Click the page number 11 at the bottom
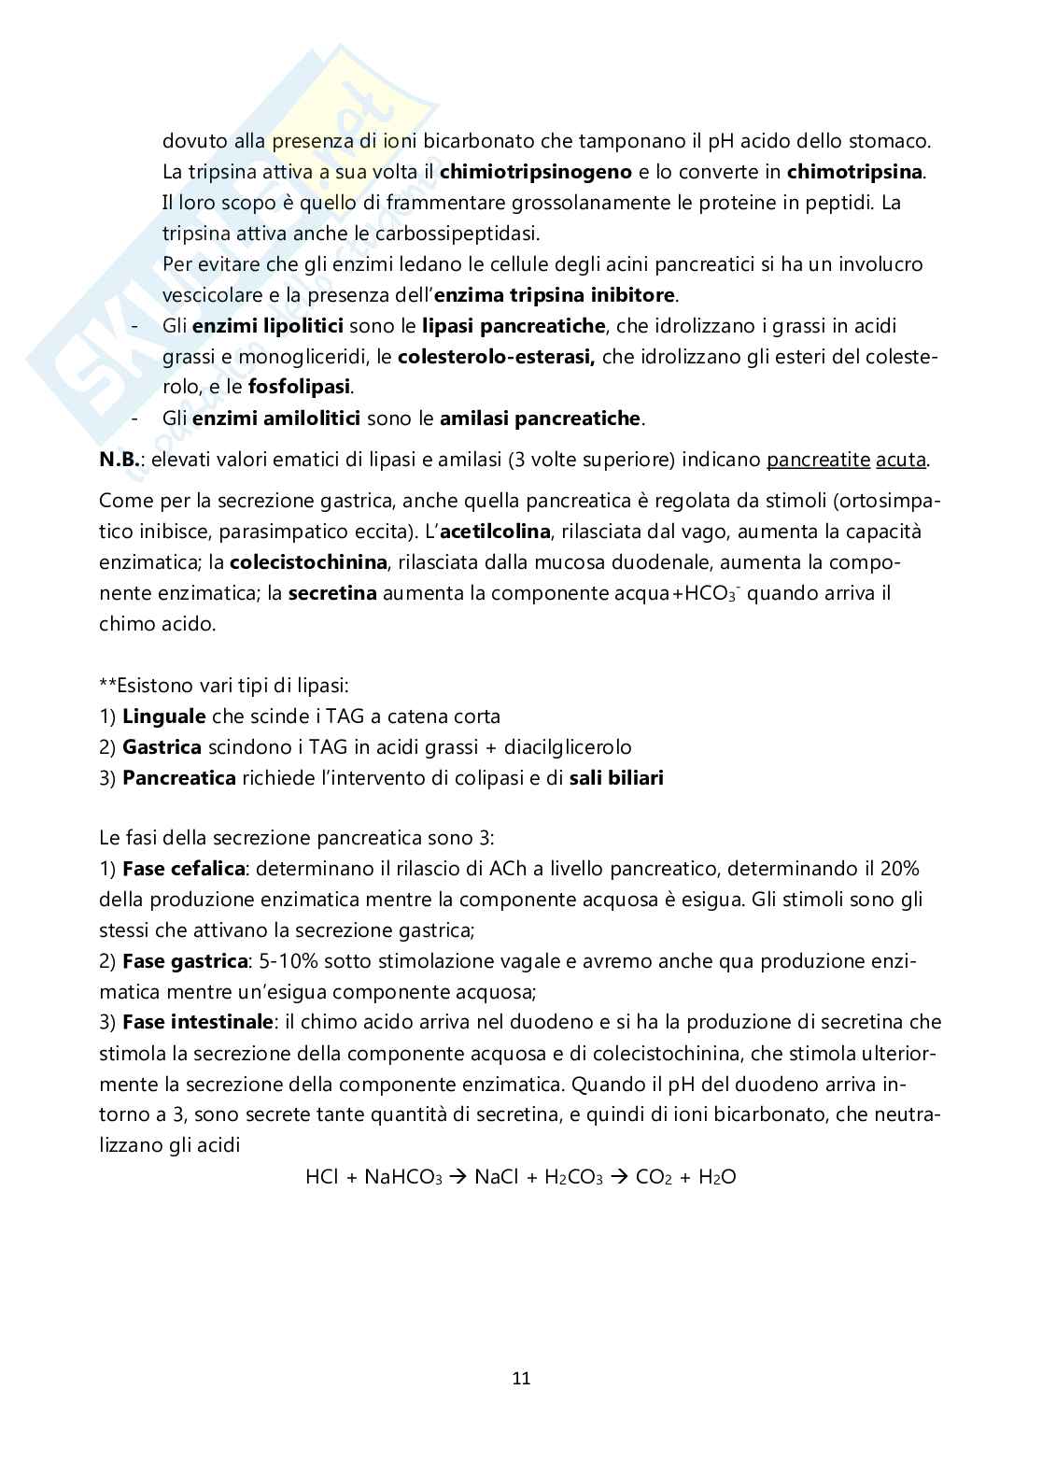(x=521, y=1379)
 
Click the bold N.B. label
(x=120, y=460)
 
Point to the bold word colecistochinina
(x=308, y=562)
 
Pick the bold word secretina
(x=332, y=593)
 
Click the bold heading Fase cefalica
(x=184, y=869)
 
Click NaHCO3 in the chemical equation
(x=403, y=1177)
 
